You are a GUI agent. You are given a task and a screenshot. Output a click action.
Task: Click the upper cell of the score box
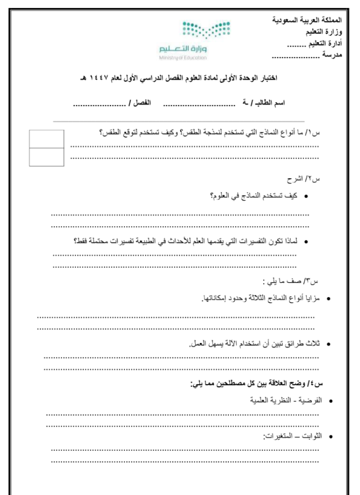pyautogui.click(x=47, y=139)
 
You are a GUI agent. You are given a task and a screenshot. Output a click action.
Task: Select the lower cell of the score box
pyautogui.click(x=47, y=157)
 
